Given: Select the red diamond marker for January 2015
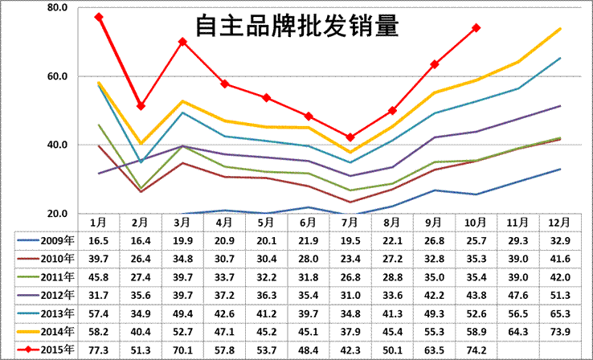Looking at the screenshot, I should pos(99,17).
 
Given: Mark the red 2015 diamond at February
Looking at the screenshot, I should pos(141,106).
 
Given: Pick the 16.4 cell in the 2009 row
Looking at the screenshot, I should pos(141,240).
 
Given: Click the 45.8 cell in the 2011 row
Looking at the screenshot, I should pos(99,277).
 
